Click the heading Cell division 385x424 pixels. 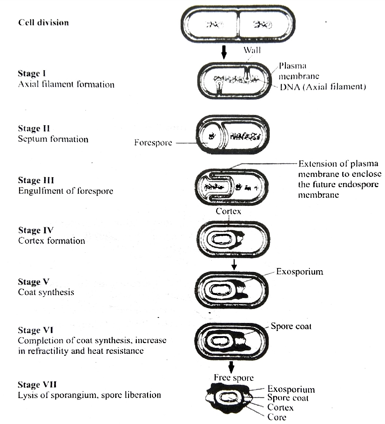(43, 23)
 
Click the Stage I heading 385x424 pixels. (34, 74)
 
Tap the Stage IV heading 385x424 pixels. (36, 230)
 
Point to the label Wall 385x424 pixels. (252, 50)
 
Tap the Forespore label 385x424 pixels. (153, 142)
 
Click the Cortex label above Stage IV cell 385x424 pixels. (228, 211)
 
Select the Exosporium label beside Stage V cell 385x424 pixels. (299, 272)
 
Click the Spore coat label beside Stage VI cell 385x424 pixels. (291, 326)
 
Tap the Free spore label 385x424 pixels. (234, 377)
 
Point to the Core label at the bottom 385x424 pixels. (276, 417)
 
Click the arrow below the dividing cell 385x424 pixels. (224, 53)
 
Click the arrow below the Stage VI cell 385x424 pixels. (231, 366)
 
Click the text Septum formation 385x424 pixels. (53, 139)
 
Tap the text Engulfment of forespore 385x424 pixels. (65, 191)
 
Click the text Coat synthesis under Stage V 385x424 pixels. (46, 292)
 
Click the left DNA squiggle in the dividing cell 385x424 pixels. (215, 25)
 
